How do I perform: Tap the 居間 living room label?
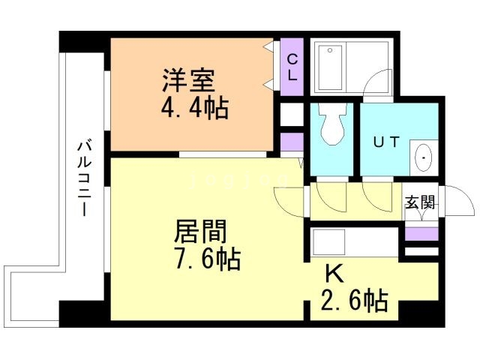point(200,230)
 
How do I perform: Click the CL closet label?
point(292,67)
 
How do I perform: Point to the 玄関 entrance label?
point(420,202)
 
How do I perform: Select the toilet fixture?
point(332,124)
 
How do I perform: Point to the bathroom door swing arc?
point(379,83)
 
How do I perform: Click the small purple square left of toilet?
point(291,140)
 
